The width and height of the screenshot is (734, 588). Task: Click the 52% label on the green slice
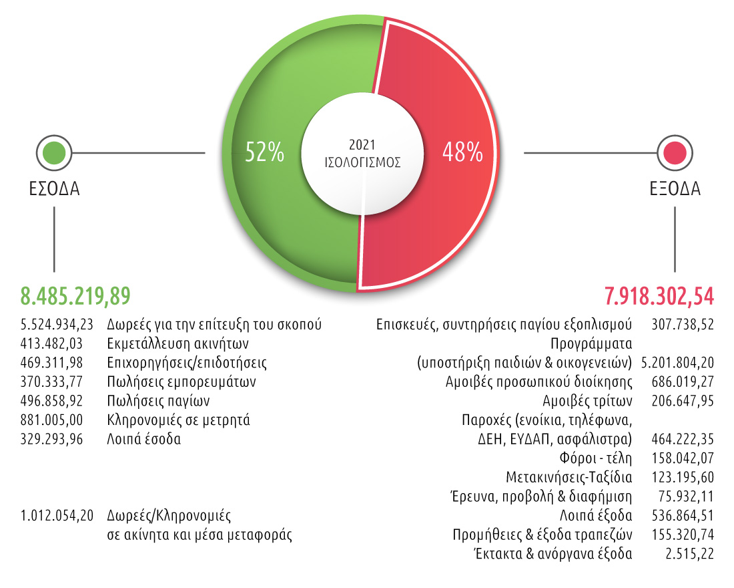(265, 153)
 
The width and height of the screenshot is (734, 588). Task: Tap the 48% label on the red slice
(462, 153)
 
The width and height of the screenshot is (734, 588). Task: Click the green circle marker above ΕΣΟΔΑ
(54, 153)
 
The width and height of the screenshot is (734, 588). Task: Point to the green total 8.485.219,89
(75, 295)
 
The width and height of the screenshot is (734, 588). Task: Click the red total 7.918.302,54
(659, 295)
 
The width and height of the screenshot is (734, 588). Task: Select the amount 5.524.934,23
(56, 325)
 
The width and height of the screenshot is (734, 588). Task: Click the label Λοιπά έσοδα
(143, 440)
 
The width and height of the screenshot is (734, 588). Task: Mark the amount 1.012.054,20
(56, 516)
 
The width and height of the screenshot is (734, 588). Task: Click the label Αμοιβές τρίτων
(588, 402)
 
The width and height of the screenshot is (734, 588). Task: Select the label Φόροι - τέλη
(596, 458)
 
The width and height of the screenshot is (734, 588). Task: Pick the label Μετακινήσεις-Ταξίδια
(569, 478)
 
